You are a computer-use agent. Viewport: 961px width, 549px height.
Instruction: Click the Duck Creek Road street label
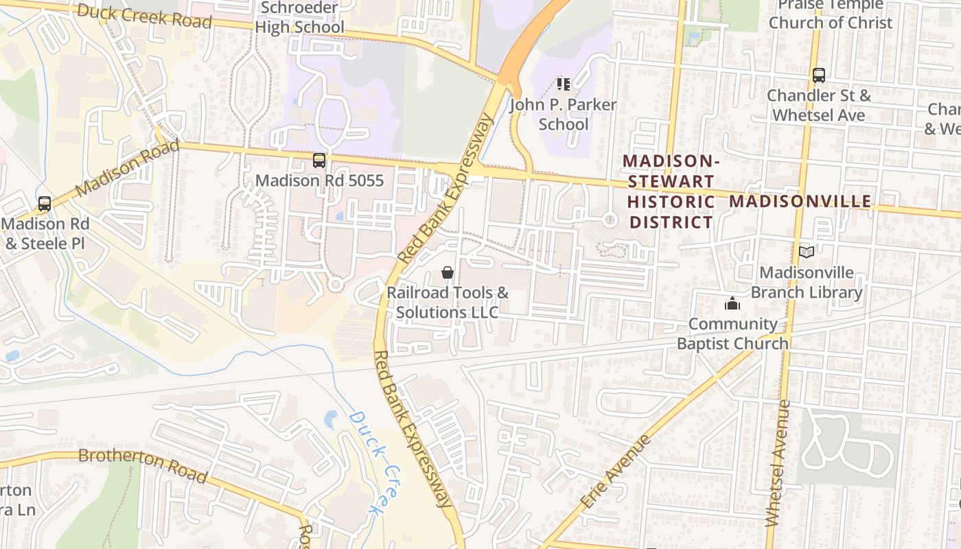click(144, 16)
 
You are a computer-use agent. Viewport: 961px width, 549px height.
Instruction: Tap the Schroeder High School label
click(300, 18)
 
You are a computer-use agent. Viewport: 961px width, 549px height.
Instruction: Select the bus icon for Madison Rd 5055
click(319, 161)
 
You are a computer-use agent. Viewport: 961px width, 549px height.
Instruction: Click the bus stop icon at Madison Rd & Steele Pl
click(45, 204)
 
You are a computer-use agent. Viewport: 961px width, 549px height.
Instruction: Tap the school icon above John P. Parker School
click(564, 84)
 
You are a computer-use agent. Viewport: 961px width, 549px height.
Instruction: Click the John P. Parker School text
click(563, 115)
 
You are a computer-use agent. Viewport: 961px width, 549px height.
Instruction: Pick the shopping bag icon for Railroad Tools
click(448, 272)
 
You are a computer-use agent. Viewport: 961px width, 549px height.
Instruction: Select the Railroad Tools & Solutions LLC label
click(448, 302)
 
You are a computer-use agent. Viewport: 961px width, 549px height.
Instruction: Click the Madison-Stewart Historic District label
click(671, 191)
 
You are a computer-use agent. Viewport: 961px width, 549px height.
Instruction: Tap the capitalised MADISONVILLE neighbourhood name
click(800, 202)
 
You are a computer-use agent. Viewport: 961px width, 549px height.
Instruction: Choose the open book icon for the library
click(807, 253)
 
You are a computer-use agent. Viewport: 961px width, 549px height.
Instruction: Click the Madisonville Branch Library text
click(807, 283)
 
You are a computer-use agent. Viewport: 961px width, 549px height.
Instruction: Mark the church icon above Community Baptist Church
click(732, 303)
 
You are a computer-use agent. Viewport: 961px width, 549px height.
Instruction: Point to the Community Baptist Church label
click(732, 334)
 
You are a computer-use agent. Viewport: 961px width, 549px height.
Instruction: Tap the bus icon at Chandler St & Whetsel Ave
click(818, 75)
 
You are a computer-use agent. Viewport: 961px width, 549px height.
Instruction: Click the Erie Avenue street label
click(615, 471)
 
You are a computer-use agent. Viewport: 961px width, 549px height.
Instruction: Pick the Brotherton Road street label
click(143, 465)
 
